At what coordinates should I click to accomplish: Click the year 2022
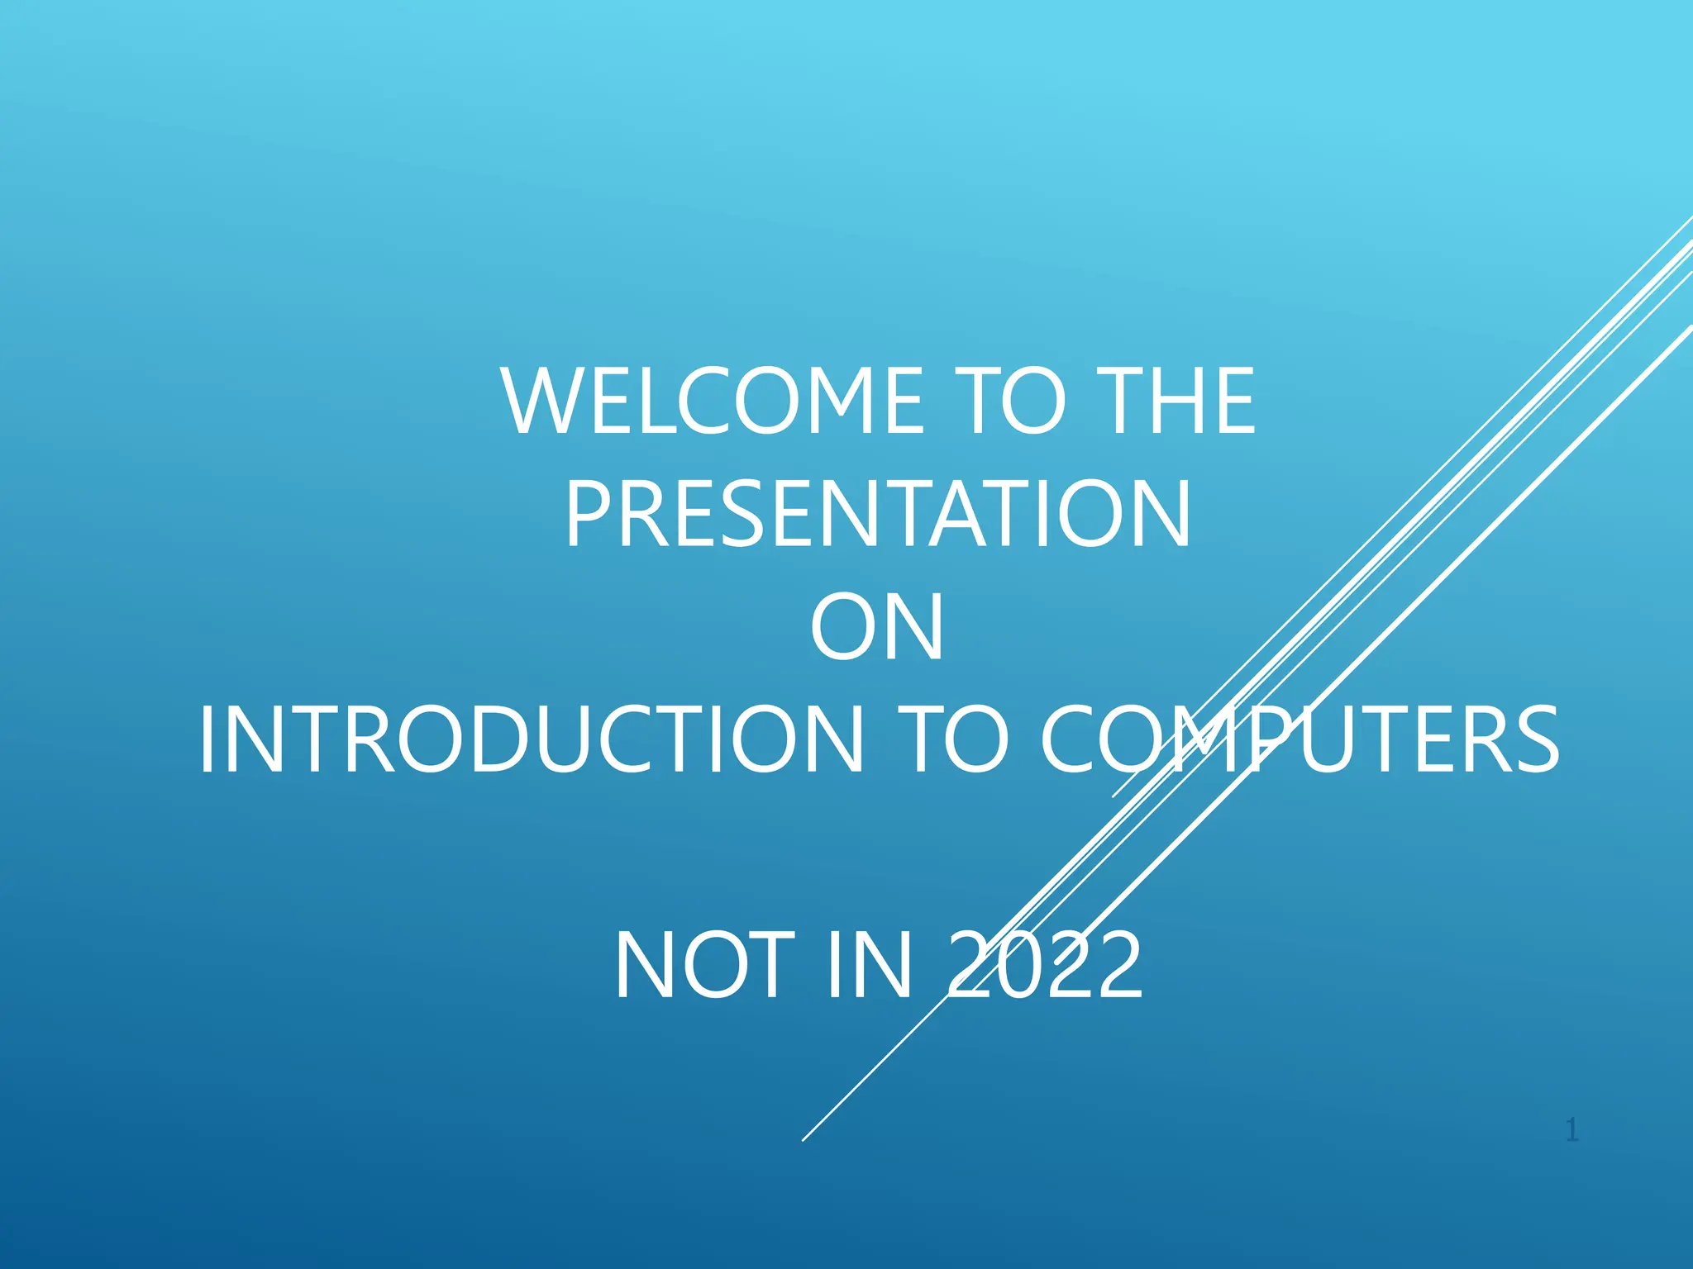pyautogui.click(x=1045, y=965)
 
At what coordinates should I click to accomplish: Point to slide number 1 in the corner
pyautogui.click(x=1572, y=1129)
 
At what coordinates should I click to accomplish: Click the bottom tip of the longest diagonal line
pyautogui.click(x=803, y=1140)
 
